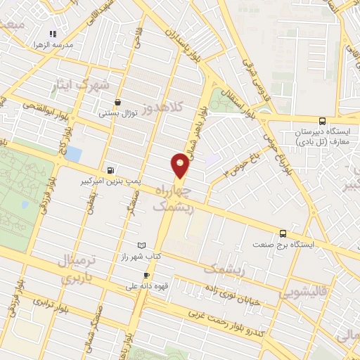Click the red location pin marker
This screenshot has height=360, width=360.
pyautogui.click(x=180, y=166)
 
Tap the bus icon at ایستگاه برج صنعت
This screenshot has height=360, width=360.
pyautogui.click(x=283, y=233)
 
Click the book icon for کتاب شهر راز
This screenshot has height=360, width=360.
pyautogui.click(x=143, y=244)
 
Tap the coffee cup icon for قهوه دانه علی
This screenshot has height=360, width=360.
pyautogui.click(x=146, y=275)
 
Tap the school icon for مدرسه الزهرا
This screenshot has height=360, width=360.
pyautogui.click(x=52, y=34)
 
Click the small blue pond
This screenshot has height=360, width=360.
pyautogui.click(x=73, y=153)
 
